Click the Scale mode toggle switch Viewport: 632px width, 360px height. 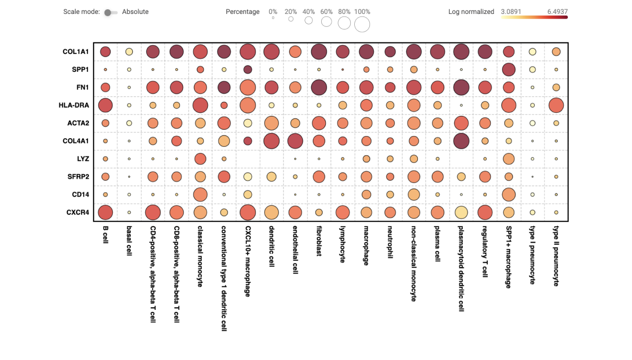(x=110, y=12)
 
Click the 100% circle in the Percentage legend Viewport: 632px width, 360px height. (x=362, y=24)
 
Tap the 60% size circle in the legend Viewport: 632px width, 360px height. (x=326, y=22)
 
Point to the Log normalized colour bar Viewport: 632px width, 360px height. (x=534, y=18)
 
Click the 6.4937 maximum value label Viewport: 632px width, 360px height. (x=556, y=11)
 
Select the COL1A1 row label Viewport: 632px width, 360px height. (x=76, y=52)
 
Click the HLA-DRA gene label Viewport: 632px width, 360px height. (x=74, y=106)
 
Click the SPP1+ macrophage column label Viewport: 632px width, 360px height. (x=508, y=257)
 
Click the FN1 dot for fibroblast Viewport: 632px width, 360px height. (x=319, y=87)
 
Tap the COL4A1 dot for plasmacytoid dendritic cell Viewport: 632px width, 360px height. (x=461, y=141)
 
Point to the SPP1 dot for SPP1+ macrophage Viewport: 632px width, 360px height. (x=508, y=69)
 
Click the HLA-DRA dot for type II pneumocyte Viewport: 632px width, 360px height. (x=556, y=106)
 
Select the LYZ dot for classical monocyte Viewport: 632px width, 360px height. (x=201, y=159)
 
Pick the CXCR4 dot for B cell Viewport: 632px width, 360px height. (x=106, y=212)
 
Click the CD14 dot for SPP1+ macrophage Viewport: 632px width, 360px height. (x=508, y=194)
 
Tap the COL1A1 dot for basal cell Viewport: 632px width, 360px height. (x=129, y=52)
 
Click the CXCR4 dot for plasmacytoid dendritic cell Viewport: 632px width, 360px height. (x=461, y=212)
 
